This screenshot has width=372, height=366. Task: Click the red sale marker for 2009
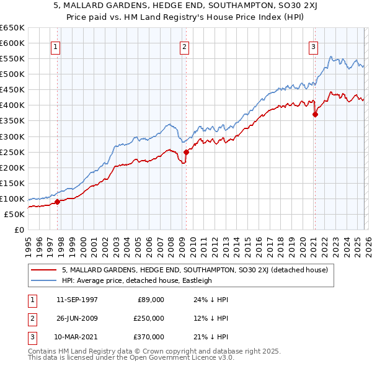(186, 151)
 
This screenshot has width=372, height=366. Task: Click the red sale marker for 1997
(57, 202)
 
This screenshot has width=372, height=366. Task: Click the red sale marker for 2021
(315, 114)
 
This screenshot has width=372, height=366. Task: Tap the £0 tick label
(19, 230)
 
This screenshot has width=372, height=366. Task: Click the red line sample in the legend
(44, 270)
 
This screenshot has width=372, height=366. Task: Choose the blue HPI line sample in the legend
(44, 280)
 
